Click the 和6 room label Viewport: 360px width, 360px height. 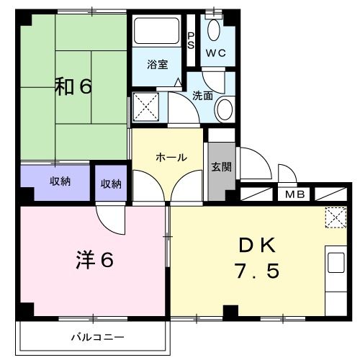pyautogui.click(x=73, y=87)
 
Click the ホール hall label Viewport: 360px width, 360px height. pyautogui.click(x=171, y=157)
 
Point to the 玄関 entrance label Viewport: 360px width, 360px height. pyautogui.click(x=220, y=167)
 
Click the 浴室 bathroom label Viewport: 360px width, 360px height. pyautogui.click(x=158, y=64)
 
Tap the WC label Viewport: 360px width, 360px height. pyautogui.click(x=216, y=54)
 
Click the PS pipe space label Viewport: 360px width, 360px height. pyautogui.click(x=191, y=40)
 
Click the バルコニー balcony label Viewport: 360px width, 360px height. pyautogui.click(x=97, y=337)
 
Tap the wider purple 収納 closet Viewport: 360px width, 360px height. pyautogui.click(x=55, y=181)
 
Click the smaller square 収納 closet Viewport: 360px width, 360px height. pyautogui.click(x=111, y=184)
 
